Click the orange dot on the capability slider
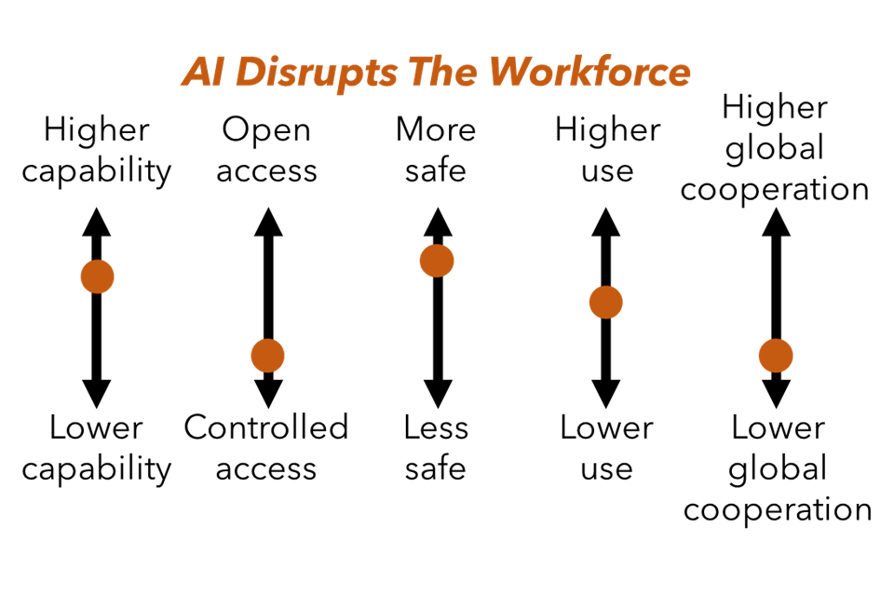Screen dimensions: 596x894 pyautogui.click(x=97, y=277)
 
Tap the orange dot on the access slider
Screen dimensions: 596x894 pyautogui.click(x=267, y=355)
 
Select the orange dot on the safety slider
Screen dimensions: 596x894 pyautogui.click(x=437, y=261)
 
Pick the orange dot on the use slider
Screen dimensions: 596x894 pyautogui.click(x=605, y=303)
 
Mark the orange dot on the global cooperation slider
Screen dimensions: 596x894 pyautogui.click(x=775, y=355)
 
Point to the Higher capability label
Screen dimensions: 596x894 pyautogui.click(x=97, y=150)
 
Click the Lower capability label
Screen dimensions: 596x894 pyautogui.click(x=97, y=448)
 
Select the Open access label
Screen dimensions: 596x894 pyautogui.click(x=267, y=150)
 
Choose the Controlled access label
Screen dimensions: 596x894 pyautogui.click(x=267, y=448)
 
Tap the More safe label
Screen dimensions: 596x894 pyautogui.click(x=436, y=150)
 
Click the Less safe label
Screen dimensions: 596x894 pyautogui.click(x=436, y=448)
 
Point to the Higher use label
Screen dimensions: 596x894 pyautogui.click(x=606, y=150)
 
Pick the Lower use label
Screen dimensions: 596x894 pyautogui.click(x=606, y=448)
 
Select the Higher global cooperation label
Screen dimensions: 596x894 pyautogui.click(x=775, y=148)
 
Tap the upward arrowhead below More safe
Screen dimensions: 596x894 pyautogui.click(x=437, y=220)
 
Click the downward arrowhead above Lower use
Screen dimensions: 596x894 pyautogui.click(x=606, y=393)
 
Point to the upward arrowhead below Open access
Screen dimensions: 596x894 pyautogui.click(x=267, y=220)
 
